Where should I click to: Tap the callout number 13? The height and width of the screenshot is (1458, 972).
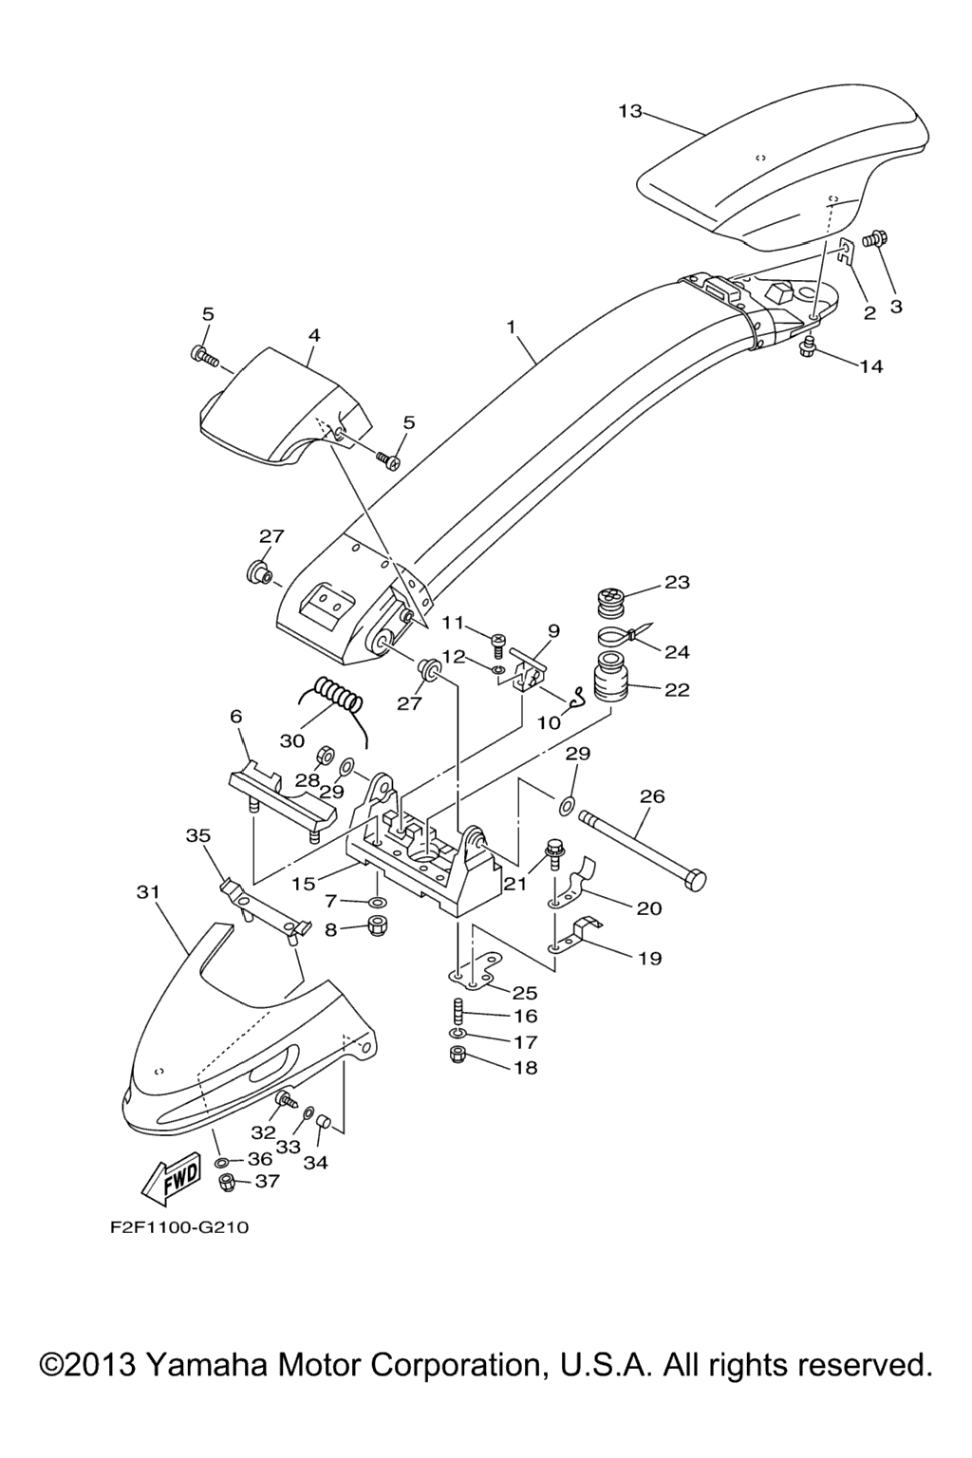(x=629, y=111)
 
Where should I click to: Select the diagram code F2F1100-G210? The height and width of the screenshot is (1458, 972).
(x=179, y=1227)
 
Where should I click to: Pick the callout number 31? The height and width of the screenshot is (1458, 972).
(x=147, y=892)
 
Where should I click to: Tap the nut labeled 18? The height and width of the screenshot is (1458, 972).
(x=457, y=1055)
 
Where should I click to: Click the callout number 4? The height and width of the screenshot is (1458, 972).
(x=313, y=335)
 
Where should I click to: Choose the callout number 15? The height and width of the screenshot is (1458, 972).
(x=303, y=884)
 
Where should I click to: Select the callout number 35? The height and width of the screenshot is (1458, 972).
(x=197, y=835)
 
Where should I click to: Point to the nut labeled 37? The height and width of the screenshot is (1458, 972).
(x=227, y=1183)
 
